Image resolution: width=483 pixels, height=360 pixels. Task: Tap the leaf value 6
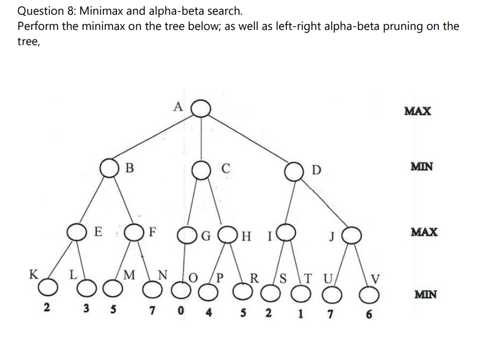pos(370,315)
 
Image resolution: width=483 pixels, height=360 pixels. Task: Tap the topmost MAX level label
pos(418,111)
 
